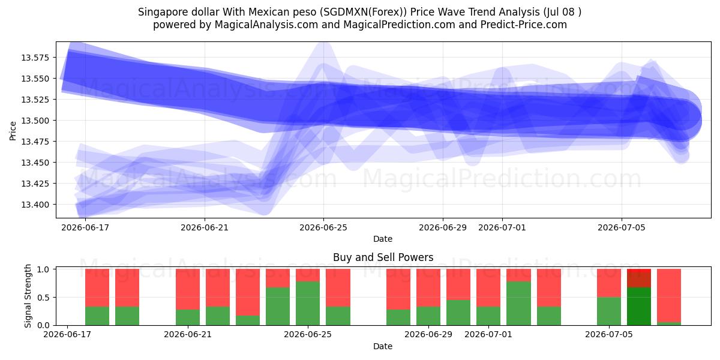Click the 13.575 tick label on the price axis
pos(35,58)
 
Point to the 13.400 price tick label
pos(35,205)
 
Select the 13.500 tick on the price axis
pos(35,121)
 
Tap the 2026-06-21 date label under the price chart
pos(205,227)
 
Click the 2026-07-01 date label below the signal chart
pos(488,334)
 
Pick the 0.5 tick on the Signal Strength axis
pos(43,298)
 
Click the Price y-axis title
pos(13,131)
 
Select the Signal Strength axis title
pos(28,296)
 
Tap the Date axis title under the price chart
pos(383,239)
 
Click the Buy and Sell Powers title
pos(383,257)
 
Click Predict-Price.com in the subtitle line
pos(524,25)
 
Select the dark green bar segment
pos(639,307)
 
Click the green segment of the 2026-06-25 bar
pos(308,303)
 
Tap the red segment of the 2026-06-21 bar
pos(188,289)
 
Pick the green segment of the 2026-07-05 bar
pos(609,311)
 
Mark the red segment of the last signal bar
pos(669,295)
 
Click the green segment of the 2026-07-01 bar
pos(488,316)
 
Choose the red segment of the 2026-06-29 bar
pos(428,287)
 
